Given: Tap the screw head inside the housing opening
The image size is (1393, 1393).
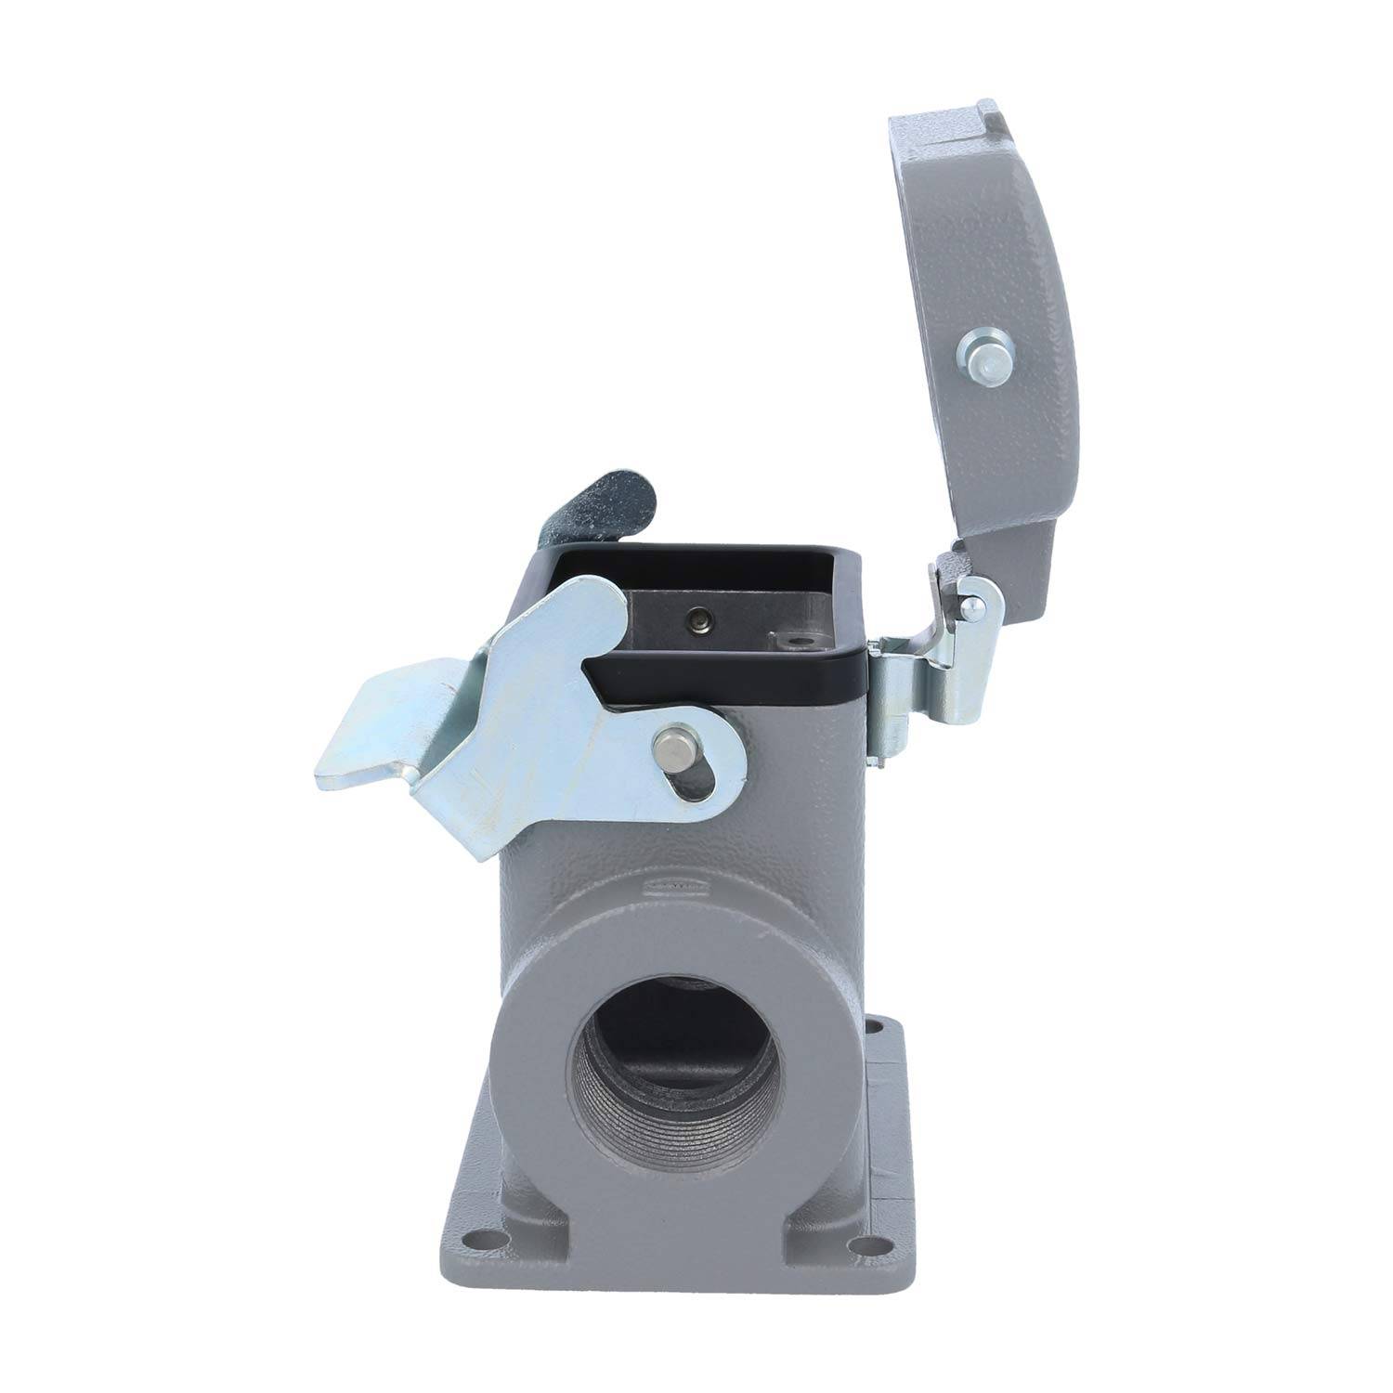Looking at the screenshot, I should tap(696, 619).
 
